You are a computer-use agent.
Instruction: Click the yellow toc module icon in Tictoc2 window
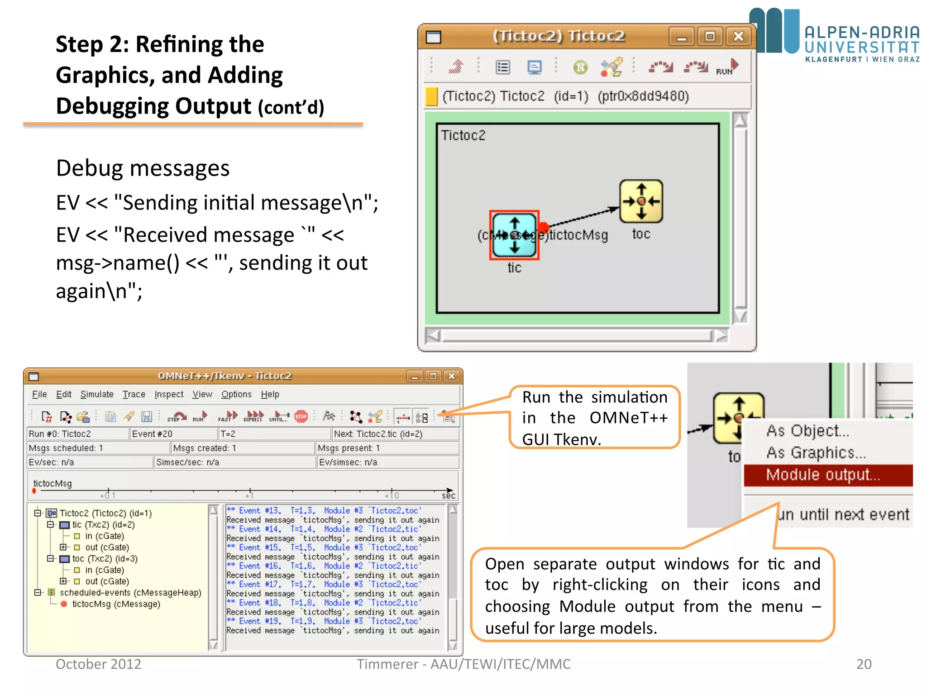point(640,201)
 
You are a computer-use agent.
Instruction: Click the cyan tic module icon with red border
point(514,235)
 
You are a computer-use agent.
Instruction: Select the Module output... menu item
point(823,475)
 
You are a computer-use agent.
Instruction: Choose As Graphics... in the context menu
point(816,452)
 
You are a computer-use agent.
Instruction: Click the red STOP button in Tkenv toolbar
point(301,416)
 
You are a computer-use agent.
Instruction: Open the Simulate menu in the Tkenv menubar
point(97,394)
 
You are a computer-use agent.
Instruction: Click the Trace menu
point(134,394)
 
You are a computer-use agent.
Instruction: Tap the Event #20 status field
point(152,434)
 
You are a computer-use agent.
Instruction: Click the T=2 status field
point(228,434)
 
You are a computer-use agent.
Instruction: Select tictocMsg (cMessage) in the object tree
point(116,604)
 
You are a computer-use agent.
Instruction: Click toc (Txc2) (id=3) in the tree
point(105,559)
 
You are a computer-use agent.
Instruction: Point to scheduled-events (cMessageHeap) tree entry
point(130,593)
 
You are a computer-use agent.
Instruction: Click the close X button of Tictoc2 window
point(738,36)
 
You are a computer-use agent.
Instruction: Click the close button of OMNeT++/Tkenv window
point(451,376)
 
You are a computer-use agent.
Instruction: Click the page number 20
point(864,664)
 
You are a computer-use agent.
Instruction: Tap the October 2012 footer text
point(98,664)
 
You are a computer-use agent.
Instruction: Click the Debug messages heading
point(143,168)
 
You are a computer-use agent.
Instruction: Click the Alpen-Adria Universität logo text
point(862,44)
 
